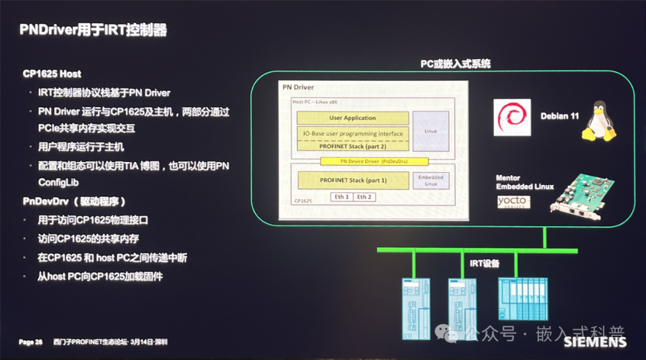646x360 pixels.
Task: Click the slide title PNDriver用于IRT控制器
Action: click(x=93, y=30)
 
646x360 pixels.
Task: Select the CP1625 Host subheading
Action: click(x=52, y=74)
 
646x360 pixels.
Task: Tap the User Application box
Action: click(x=352, y=118)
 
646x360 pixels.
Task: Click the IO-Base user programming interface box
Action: click(x=352, y=133)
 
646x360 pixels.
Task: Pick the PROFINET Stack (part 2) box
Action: click(x=352, y=145)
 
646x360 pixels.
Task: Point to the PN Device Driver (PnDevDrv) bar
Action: click(x=374, y=161)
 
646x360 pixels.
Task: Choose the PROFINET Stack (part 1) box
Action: click(x=352, y=180)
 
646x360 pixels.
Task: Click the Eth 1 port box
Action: click(x=342, y=197)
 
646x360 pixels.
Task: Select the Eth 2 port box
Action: click(x=364, y=197)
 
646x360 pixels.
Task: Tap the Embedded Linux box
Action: click(x=431, y=181)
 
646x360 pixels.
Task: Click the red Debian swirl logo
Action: click(x=513, y=117)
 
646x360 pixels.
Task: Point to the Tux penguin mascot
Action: click(x=599, y=121)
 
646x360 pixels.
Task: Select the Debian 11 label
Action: click(x=559, y=116)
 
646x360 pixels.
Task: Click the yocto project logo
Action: click(x=513, y=202)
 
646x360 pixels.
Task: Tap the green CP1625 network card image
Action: click(x=583, y=194)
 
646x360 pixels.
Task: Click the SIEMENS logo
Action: click(x=595, y=342)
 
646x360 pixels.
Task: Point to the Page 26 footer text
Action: click(x=31, y=342)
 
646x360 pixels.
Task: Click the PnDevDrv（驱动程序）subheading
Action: click(x=74, y=201)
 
